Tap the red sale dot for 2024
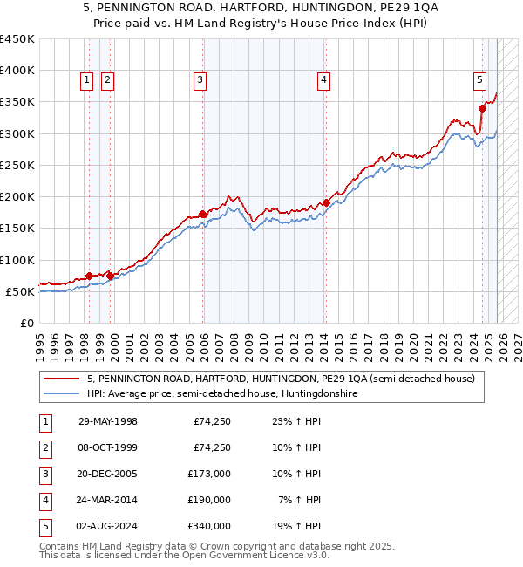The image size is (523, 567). [x=482, y=109]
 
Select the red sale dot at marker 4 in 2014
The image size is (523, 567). [x=326, y=202]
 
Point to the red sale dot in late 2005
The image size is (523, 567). [x=202, y=214]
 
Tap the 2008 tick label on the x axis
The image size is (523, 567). [x=234, y=342]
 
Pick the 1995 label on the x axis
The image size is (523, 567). [x=40, y=342]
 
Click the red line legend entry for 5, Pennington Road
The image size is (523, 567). [x=280, y=379]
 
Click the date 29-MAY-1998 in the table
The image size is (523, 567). [x=107, y=421]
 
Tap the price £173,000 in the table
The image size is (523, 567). [x=209, y=474]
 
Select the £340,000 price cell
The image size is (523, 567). [x=209, y=526]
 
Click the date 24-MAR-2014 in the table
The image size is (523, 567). [x=107, y=500]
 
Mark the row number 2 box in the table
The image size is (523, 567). [x=44, y=447]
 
